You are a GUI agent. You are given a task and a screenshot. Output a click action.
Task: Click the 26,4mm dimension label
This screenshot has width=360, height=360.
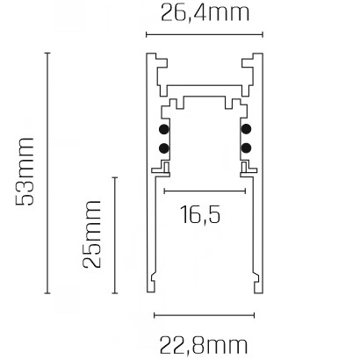coord(204,13)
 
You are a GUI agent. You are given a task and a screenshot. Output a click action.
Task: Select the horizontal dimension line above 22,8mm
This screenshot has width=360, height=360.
coord(203,313)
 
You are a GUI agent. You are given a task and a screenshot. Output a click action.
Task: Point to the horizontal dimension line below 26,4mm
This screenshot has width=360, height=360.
coord(204,35)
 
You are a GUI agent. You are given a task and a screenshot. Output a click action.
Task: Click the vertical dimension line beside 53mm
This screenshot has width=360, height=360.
coord(47,172)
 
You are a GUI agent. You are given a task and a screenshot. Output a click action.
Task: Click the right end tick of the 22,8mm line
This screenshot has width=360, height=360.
coord(252,313)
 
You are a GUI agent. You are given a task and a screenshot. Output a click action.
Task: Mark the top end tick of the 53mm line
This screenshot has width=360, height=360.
coord(47,53)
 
